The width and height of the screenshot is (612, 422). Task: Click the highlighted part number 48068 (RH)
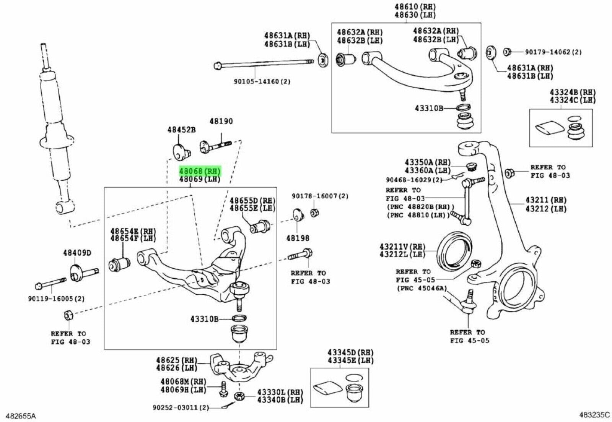(200, 170)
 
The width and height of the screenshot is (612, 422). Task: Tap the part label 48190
(221, 122)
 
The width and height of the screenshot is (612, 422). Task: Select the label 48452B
(181, 130)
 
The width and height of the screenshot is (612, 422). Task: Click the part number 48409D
(77, 253)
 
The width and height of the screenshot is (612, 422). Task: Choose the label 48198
(298, 238)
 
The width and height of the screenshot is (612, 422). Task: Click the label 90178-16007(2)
(320, 196)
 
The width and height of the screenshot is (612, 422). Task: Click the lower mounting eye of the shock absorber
(62, 207)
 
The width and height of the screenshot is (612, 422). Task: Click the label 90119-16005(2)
(56, 298)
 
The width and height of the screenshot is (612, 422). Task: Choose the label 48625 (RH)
(176, 360)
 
